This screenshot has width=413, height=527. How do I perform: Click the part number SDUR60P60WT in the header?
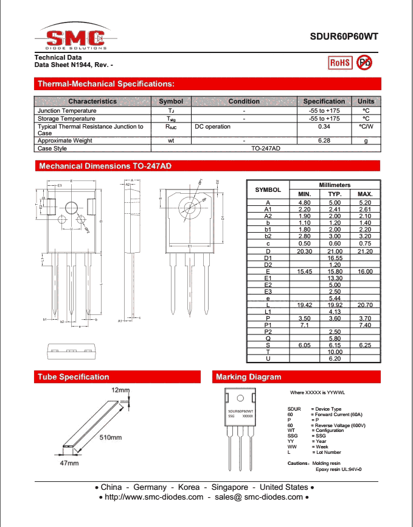point(344,36)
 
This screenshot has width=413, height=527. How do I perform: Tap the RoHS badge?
point(339,62)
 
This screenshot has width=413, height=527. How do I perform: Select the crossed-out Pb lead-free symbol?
point(364,62)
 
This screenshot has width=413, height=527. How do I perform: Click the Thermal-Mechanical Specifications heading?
point(106,83)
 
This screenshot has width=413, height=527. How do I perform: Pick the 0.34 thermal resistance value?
point(324,127)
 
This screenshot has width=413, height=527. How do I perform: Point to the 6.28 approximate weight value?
point(324,141)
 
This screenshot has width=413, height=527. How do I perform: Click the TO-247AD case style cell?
point(266,148)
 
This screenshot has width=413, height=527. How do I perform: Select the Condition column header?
point(244,101)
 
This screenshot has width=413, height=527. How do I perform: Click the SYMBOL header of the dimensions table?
point(268,189)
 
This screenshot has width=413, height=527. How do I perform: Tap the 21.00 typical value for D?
point(335,251)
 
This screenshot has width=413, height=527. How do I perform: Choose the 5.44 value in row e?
point(335,299)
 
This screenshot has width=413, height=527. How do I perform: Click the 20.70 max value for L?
point(365,305)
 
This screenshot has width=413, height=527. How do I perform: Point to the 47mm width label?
point(69,464)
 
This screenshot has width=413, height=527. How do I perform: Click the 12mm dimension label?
point(120,389)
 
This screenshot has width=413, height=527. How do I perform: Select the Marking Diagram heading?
point(249,377)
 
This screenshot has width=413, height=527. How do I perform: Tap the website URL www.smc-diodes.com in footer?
point(154,497)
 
